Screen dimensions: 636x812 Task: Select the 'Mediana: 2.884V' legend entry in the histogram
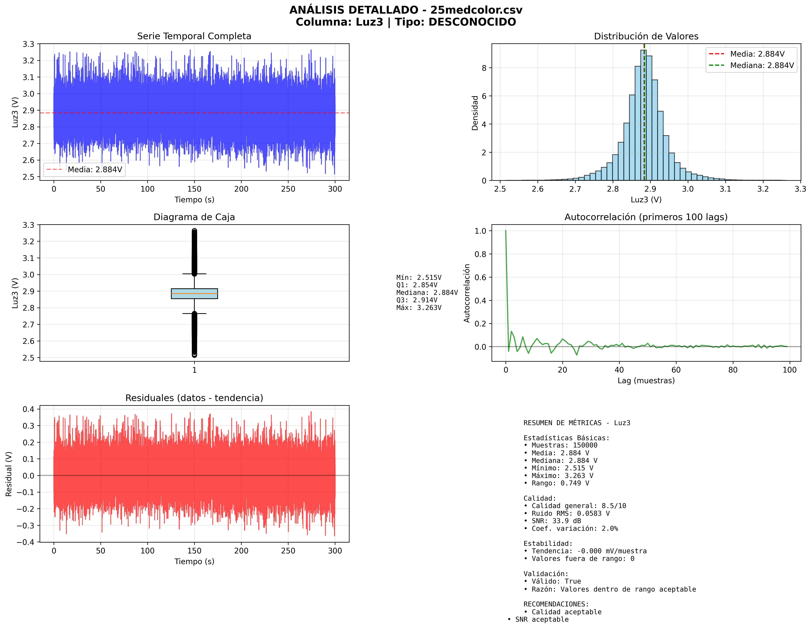pyautogui.click(x=762, y=66)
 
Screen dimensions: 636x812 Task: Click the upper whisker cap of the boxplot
pyautogui.click(x=194, y=274)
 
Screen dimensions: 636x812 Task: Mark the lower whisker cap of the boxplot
pyautogui.click(x=194, y=314)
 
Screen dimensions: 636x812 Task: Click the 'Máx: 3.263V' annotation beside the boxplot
pyautogui.click(x=419, y=308)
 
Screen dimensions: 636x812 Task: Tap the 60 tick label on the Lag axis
pyautogui.click(x=676, y=370)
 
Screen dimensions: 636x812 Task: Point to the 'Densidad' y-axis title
pyautogui.click(x=475, y=113)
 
